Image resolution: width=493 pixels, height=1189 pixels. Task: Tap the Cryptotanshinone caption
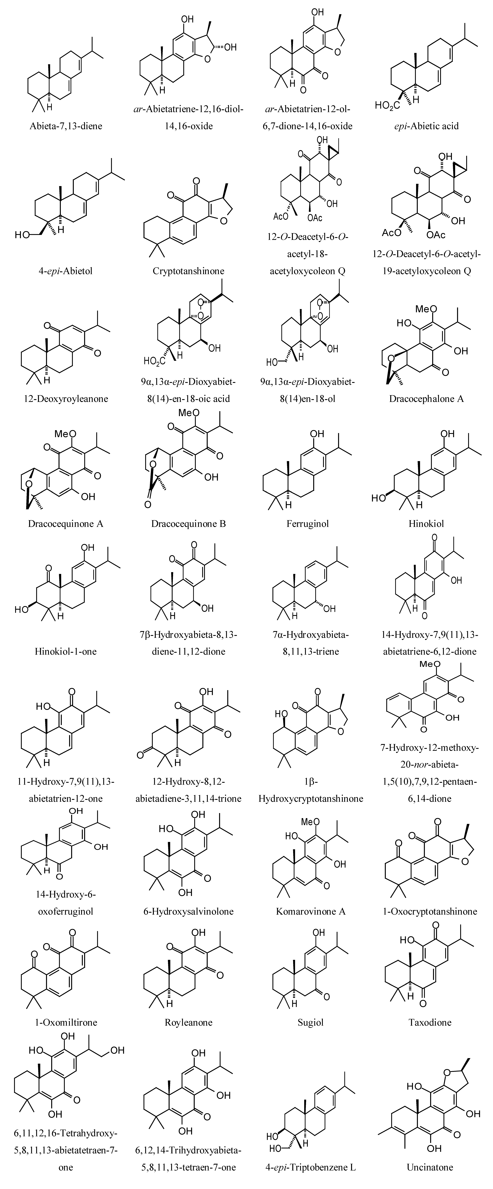188,271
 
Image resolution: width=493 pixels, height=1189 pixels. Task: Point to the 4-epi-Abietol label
66,271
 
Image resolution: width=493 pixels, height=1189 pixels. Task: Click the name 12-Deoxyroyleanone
66,399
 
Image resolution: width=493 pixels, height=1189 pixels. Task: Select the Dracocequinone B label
188,524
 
